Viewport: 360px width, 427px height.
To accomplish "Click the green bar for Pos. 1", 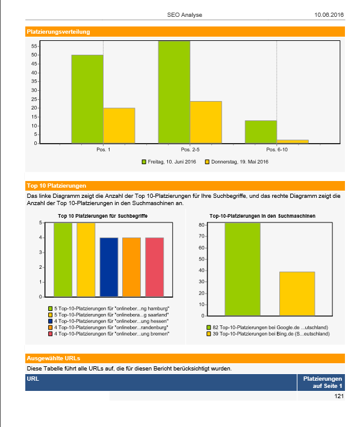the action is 87,99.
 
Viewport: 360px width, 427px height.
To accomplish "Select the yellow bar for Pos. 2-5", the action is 206,122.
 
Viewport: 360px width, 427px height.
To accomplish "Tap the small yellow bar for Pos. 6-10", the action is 293,141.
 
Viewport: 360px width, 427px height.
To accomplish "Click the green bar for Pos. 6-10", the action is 261,132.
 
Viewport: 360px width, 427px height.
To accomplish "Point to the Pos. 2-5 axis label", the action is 190,150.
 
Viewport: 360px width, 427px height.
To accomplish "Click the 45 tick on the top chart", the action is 34,64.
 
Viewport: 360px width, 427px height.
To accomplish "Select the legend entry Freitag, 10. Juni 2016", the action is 169,162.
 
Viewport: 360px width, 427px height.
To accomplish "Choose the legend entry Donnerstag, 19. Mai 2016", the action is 237,162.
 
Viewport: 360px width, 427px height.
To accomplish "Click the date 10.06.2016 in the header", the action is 329,14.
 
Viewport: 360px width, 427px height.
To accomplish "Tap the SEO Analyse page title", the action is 184,14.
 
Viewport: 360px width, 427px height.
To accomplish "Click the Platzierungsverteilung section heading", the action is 58,32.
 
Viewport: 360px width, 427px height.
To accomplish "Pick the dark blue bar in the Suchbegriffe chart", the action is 109,267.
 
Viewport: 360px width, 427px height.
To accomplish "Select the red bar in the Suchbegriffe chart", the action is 155,267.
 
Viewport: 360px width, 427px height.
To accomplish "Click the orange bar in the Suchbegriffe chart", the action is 132,267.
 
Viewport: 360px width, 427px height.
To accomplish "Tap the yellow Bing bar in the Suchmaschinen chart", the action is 297,294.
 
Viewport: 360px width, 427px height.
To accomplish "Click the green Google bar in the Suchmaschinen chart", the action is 243,269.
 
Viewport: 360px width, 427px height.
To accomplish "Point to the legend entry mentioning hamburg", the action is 109,309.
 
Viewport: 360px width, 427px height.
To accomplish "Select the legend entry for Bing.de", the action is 268,334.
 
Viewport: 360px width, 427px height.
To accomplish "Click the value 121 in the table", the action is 339,396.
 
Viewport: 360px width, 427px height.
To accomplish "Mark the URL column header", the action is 33,378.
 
